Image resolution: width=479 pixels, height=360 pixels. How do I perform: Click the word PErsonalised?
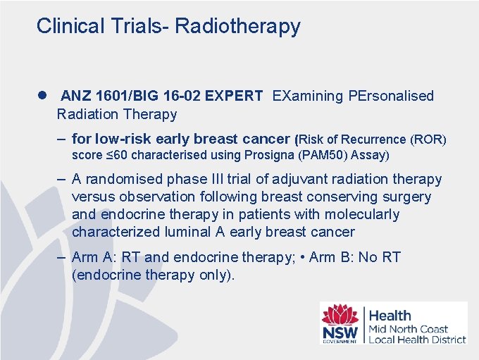pyautogui.click(x=391, y=96)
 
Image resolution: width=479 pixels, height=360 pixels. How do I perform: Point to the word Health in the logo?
pyautogui.click(x=390, y=316)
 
